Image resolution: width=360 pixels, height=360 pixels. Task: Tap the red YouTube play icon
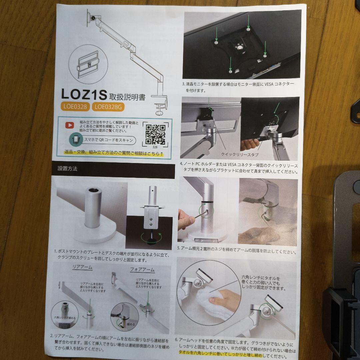[x=69, y=125]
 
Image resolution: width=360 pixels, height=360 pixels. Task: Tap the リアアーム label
[x=82, y=268]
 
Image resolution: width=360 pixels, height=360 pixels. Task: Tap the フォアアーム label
[x=142, y=270]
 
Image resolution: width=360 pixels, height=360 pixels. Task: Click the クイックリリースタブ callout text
[x=239, y=155]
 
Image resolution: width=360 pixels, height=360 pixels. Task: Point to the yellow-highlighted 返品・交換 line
[x=114, y=153]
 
